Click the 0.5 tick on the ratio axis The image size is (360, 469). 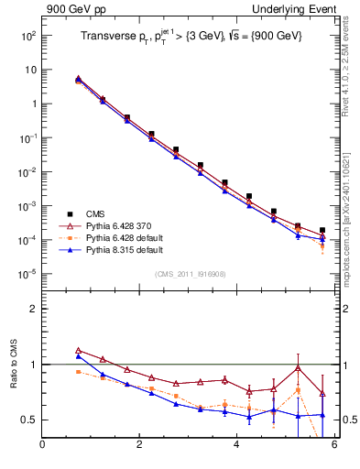coord(29,420)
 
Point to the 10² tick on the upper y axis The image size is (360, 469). coord(27,35)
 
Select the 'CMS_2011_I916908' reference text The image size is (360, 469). coord(189,274)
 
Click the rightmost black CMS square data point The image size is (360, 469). coord(322,231)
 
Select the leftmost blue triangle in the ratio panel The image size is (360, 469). coord(78,355)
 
